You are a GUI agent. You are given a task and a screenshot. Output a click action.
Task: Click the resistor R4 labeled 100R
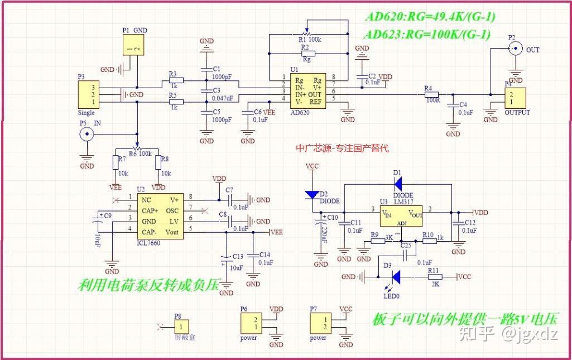431,95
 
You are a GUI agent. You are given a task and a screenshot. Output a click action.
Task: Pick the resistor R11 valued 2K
434,276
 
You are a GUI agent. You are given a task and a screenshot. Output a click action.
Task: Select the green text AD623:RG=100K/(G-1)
427,35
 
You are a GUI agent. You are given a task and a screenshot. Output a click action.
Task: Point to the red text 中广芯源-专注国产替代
342,148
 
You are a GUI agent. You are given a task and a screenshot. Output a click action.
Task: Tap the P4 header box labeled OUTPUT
515,98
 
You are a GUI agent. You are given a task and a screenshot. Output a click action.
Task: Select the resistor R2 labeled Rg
307,54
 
